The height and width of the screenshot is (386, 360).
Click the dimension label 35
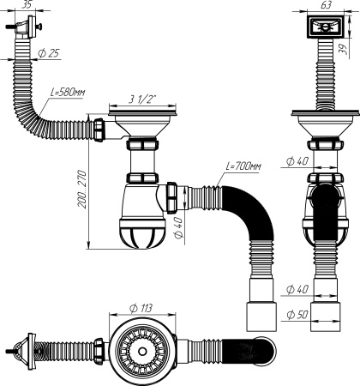pos(26,4)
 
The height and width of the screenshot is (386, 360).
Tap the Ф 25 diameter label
pos(49,53)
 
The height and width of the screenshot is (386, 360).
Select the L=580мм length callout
pos(68,92)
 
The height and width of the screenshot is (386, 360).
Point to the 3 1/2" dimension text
pos(141,100)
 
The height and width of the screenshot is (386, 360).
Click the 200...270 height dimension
pos(81,190)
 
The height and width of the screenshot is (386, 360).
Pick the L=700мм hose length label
pos(243,166)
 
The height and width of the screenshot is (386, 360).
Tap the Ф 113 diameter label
pos(141,308)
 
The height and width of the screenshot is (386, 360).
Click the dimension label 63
pos(326,5)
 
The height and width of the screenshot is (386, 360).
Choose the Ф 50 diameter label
pos(297,315)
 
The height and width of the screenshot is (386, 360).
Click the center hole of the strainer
pos(141,351)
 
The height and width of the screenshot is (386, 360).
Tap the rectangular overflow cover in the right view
pos(325,27)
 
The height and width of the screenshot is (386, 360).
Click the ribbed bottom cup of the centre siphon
pos(142,233)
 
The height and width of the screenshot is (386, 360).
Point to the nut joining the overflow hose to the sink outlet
pos(98,130)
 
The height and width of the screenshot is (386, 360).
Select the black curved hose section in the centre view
pos(249,209)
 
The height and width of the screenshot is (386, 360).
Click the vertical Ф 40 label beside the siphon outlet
pos(178,227)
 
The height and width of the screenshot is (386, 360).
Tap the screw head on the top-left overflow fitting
pos(40,27)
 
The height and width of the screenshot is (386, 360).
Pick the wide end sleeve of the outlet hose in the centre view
pos(261,317)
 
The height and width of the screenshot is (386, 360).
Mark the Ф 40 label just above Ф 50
pos(297,289)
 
